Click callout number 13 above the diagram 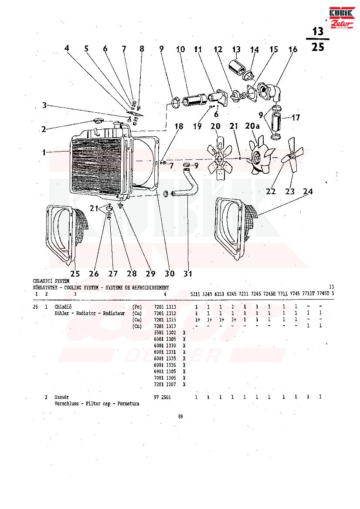tap(236, 50)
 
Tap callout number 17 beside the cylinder tap(296, 118)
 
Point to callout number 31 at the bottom tap(188, 273)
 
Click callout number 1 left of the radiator tap(44, 152)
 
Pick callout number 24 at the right tap(308, 191)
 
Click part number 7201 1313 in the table tap(165, 307)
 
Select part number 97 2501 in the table tap(163, 397)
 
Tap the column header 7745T tap(323, 293)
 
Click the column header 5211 tap(196, 293)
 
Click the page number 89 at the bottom tap(180, 417)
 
